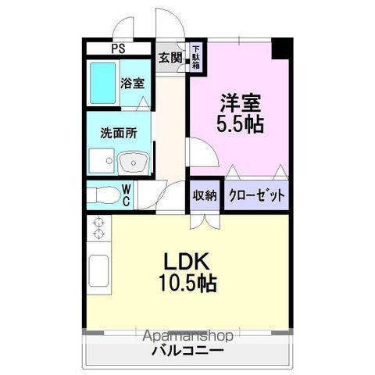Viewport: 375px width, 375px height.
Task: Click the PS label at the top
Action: coord(118,48)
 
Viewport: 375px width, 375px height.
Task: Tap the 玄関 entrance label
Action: coord(171,57)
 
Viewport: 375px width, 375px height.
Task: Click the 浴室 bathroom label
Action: coord(131,84)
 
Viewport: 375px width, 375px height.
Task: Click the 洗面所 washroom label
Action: coord(118,133)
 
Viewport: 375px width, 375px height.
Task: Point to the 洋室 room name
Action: coord(239,102)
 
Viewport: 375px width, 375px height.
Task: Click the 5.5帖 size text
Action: coord(239,124)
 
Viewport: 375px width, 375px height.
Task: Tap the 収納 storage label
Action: coord(205,195)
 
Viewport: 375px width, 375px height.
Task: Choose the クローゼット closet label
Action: coord(256,195)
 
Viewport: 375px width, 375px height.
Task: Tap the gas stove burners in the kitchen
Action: coord(98,229)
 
